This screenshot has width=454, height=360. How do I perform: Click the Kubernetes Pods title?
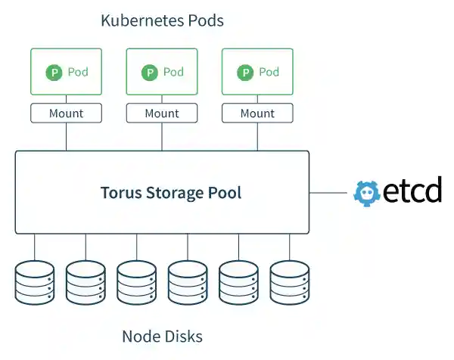[162, 20]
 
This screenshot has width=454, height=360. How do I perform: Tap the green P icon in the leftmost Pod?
[54, 73]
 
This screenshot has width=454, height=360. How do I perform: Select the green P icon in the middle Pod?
[150, 73]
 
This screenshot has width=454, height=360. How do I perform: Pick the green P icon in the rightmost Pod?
[245, 73]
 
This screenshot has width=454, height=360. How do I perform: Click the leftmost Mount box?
[66, 113]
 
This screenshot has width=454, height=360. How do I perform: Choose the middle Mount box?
[162, 113]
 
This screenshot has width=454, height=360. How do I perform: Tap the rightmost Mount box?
[257, 113]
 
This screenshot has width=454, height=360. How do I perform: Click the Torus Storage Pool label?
[171, 192]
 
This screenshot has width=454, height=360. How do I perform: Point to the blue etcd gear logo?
[366, 192]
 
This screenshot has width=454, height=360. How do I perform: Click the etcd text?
[411, 191]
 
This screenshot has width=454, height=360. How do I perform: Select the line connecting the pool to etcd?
[330, 192]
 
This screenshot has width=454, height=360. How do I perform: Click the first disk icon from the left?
[35, 282]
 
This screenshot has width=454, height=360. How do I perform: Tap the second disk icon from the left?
[86, 282]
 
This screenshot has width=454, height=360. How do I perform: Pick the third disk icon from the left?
[137, 282]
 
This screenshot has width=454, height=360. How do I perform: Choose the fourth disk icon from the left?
[188, 282]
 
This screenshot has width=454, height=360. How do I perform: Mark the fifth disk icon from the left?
[239, 282]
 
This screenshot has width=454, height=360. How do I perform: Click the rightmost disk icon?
[290, 282]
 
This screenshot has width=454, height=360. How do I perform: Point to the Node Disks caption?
[162, 336]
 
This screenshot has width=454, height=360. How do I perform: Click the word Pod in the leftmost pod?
[78, 73]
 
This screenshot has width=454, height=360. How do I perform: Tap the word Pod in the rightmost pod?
[269, 73]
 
